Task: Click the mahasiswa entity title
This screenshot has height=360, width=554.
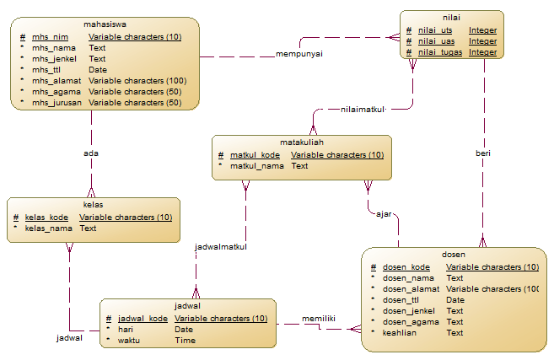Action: coord(106,25)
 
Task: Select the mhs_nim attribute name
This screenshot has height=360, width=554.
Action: coord(50,38)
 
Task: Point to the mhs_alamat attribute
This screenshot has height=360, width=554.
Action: coord(56,81)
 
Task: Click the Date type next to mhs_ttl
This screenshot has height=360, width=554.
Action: coord(97,70)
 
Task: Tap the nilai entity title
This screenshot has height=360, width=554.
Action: coord(451,17)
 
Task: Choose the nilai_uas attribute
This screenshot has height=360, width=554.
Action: coord(435,41)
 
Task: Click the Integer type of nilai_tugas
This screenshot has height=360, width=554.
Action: coord(482,52)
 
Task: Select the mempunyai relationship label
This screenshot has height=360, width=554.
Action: coord(299,54)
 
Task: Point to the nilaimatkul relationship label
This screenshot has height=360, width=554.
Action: coord(363,110)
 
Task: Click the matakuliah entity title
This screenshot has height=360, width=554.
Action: coord(302,143)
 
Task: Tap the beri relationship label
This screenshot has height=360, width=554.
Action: coord(483,153)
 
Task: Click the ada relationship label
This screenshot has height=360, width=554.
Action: coord(90,153)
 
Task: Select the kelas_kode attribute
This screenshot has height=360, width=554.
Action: coord(46,218)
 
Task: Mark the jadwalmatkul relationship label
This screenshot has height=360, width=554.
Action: coord(221,247)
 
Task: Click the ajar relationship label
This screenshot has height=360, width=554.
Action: coord(384,214)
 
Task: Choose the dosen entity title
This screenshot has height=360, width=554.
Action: coord(454,255)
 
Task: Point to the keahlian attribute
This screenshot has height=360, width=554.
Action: coord(400,333)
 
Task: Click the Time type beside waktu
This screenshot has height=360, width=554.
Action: coord(185,341)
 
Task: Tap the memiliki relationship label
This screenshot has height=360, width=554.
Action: coord(319,319)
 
